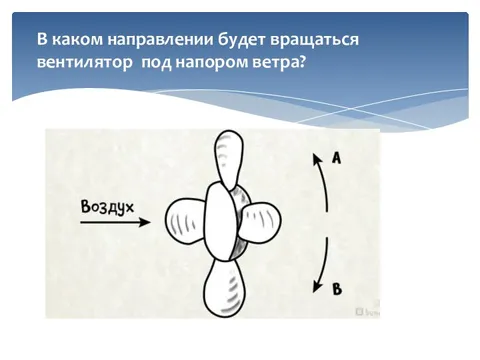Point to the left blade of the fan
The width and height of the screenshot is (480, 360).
click(x=186, y=221)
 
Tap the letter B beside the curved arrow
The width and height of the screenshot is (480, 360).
click(x=336, y=289)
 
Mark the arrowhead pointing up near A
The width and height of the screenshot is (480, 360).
click(x=316, y=157)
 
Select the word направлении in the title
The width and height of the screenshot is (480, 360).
click(x=152, y=40)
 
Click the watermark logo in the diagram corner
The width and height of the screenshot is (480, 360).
click(x=363, y=312)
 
